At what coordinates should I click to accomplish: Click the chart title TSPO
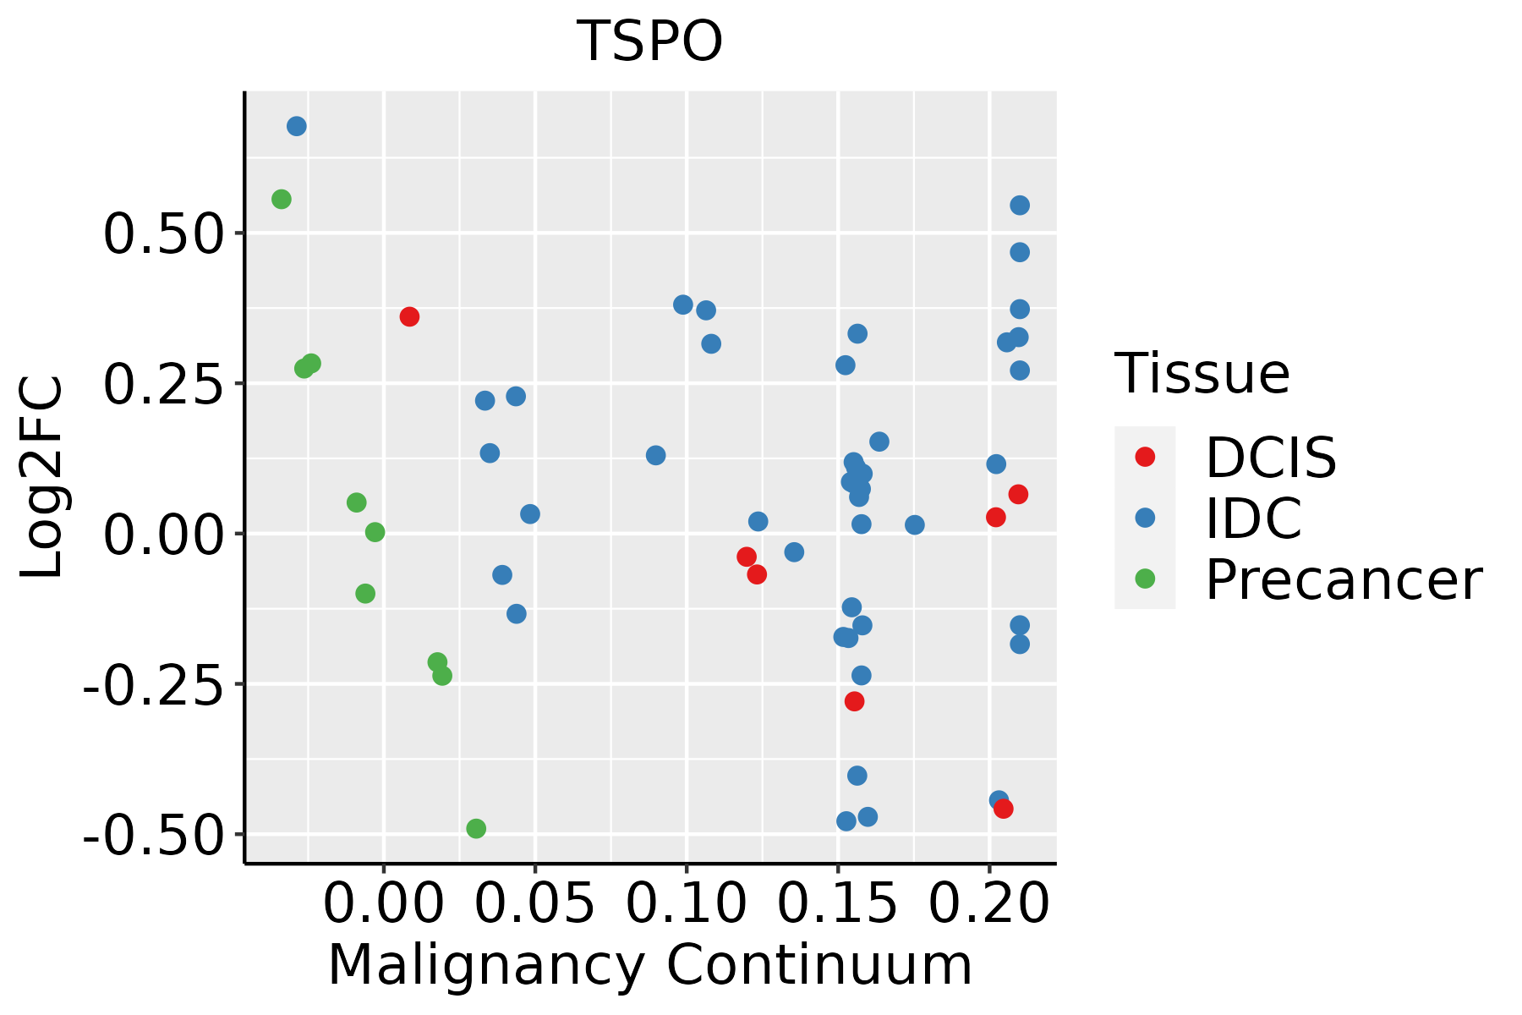(x=649, y=41)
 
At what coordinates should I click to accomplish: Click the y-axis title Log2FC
(x=42, y=477)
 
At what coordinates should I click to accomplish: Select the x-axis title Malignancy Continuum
(x=649, y=965)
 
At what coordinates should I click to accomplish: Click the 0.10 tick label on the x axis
(x=686, y=904)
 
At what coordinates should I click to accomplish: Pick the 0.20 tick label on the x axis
(x=988, y=904)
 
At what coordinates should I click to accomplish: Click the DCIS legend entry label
(x=1270, y=458)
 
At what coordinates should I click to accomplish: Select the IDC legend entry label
(x=1253, y=518)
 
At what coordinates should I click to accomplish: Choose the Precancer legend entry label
(x=1343, y=579)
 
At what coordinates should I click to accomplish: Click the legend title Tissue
(x=1202, y=373)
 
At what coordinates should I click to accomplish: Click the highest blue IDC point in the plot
(x=297, y=127)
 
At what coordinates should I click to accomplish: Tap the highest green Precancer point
(x=282, y=200)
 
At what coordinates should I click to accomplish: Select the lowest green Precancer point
(x=476, y=828)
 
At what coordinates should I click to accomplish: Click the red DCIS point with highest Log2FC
(x=409, y=317)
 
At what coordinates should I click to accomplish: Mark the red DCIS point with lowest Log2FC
(x=1004, y=809)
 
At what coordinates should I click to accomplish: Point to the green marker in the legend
(x=1145, y=579)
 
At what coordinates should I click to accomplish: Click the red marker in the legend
(x=1145, y=457)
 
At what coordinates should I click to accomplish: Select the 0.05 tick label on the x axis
(x=534, y=904)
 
